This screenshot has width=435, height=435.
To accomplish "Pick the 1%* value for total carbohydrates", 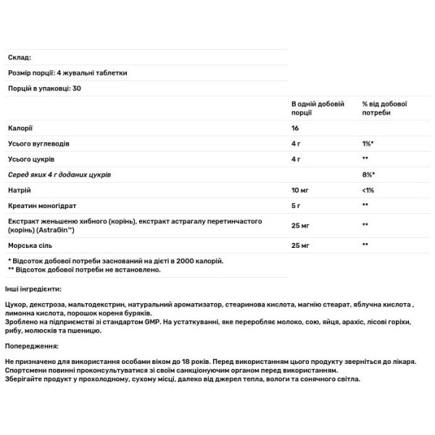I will point(368,143).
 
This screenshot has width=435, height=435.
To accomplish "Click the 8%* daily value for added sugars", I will point(368,174).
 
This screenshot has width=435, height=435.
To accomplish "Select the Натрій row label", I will point(18,190).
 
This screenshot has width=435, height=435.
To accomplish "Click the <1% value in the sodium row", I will point(368,190).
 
